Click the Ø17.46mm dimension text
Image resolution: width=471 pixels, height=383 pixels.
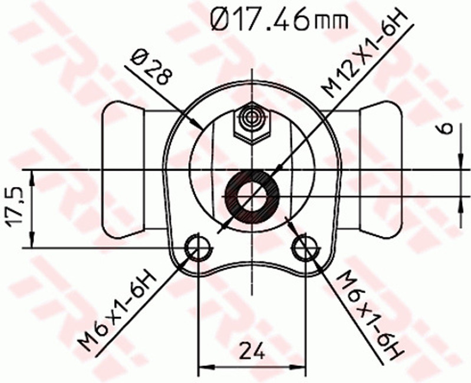[x=279, y=18]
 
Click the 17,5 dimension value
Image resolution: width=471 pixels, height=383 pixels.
[x=15, y=207]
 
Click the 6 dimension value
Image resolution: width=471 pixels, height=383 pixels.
[x=447, y=128]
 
